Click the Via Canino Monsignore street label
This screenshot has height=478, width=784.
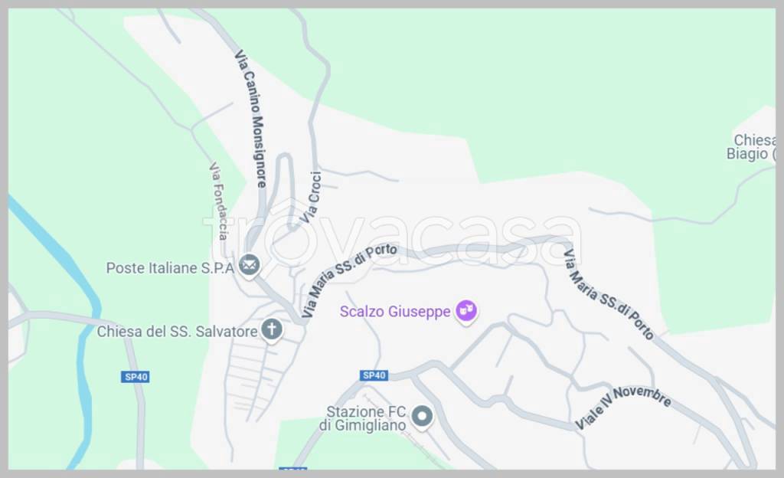click(250, 119)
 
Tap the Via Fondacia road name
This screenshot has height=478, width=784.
click(218, 201)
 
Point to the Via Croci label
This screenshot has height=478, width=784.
click(310, 198)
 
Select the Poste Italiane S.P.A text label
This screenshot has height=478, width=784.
click(169, 268)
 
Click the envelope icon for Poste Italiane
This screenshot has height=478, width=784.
click(249, 266)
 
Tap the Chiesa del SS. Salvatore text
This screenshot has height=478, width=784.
click(177, 332)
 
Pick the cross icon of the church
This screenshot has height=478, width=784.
click(271, 330)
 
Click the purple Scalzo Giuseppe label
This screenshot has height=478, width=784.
click(395, 312)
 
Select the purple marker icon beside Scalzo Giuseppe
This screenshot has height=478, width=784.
click(465, 311)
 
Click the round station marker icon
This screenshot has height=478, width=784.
click(422, 417)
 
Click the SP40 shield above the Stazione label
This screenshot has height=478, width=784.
click(374, 375)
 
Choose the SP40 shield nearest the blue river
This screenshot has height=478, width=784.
click(135, 377)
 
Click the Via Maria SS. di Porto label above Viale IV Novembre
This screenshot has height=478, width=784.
click(609, 294)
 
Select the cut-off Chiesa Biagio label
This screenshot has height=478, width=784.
click(751, 147)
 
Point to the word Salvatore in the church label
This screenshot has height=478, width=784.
click(227, 332)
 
